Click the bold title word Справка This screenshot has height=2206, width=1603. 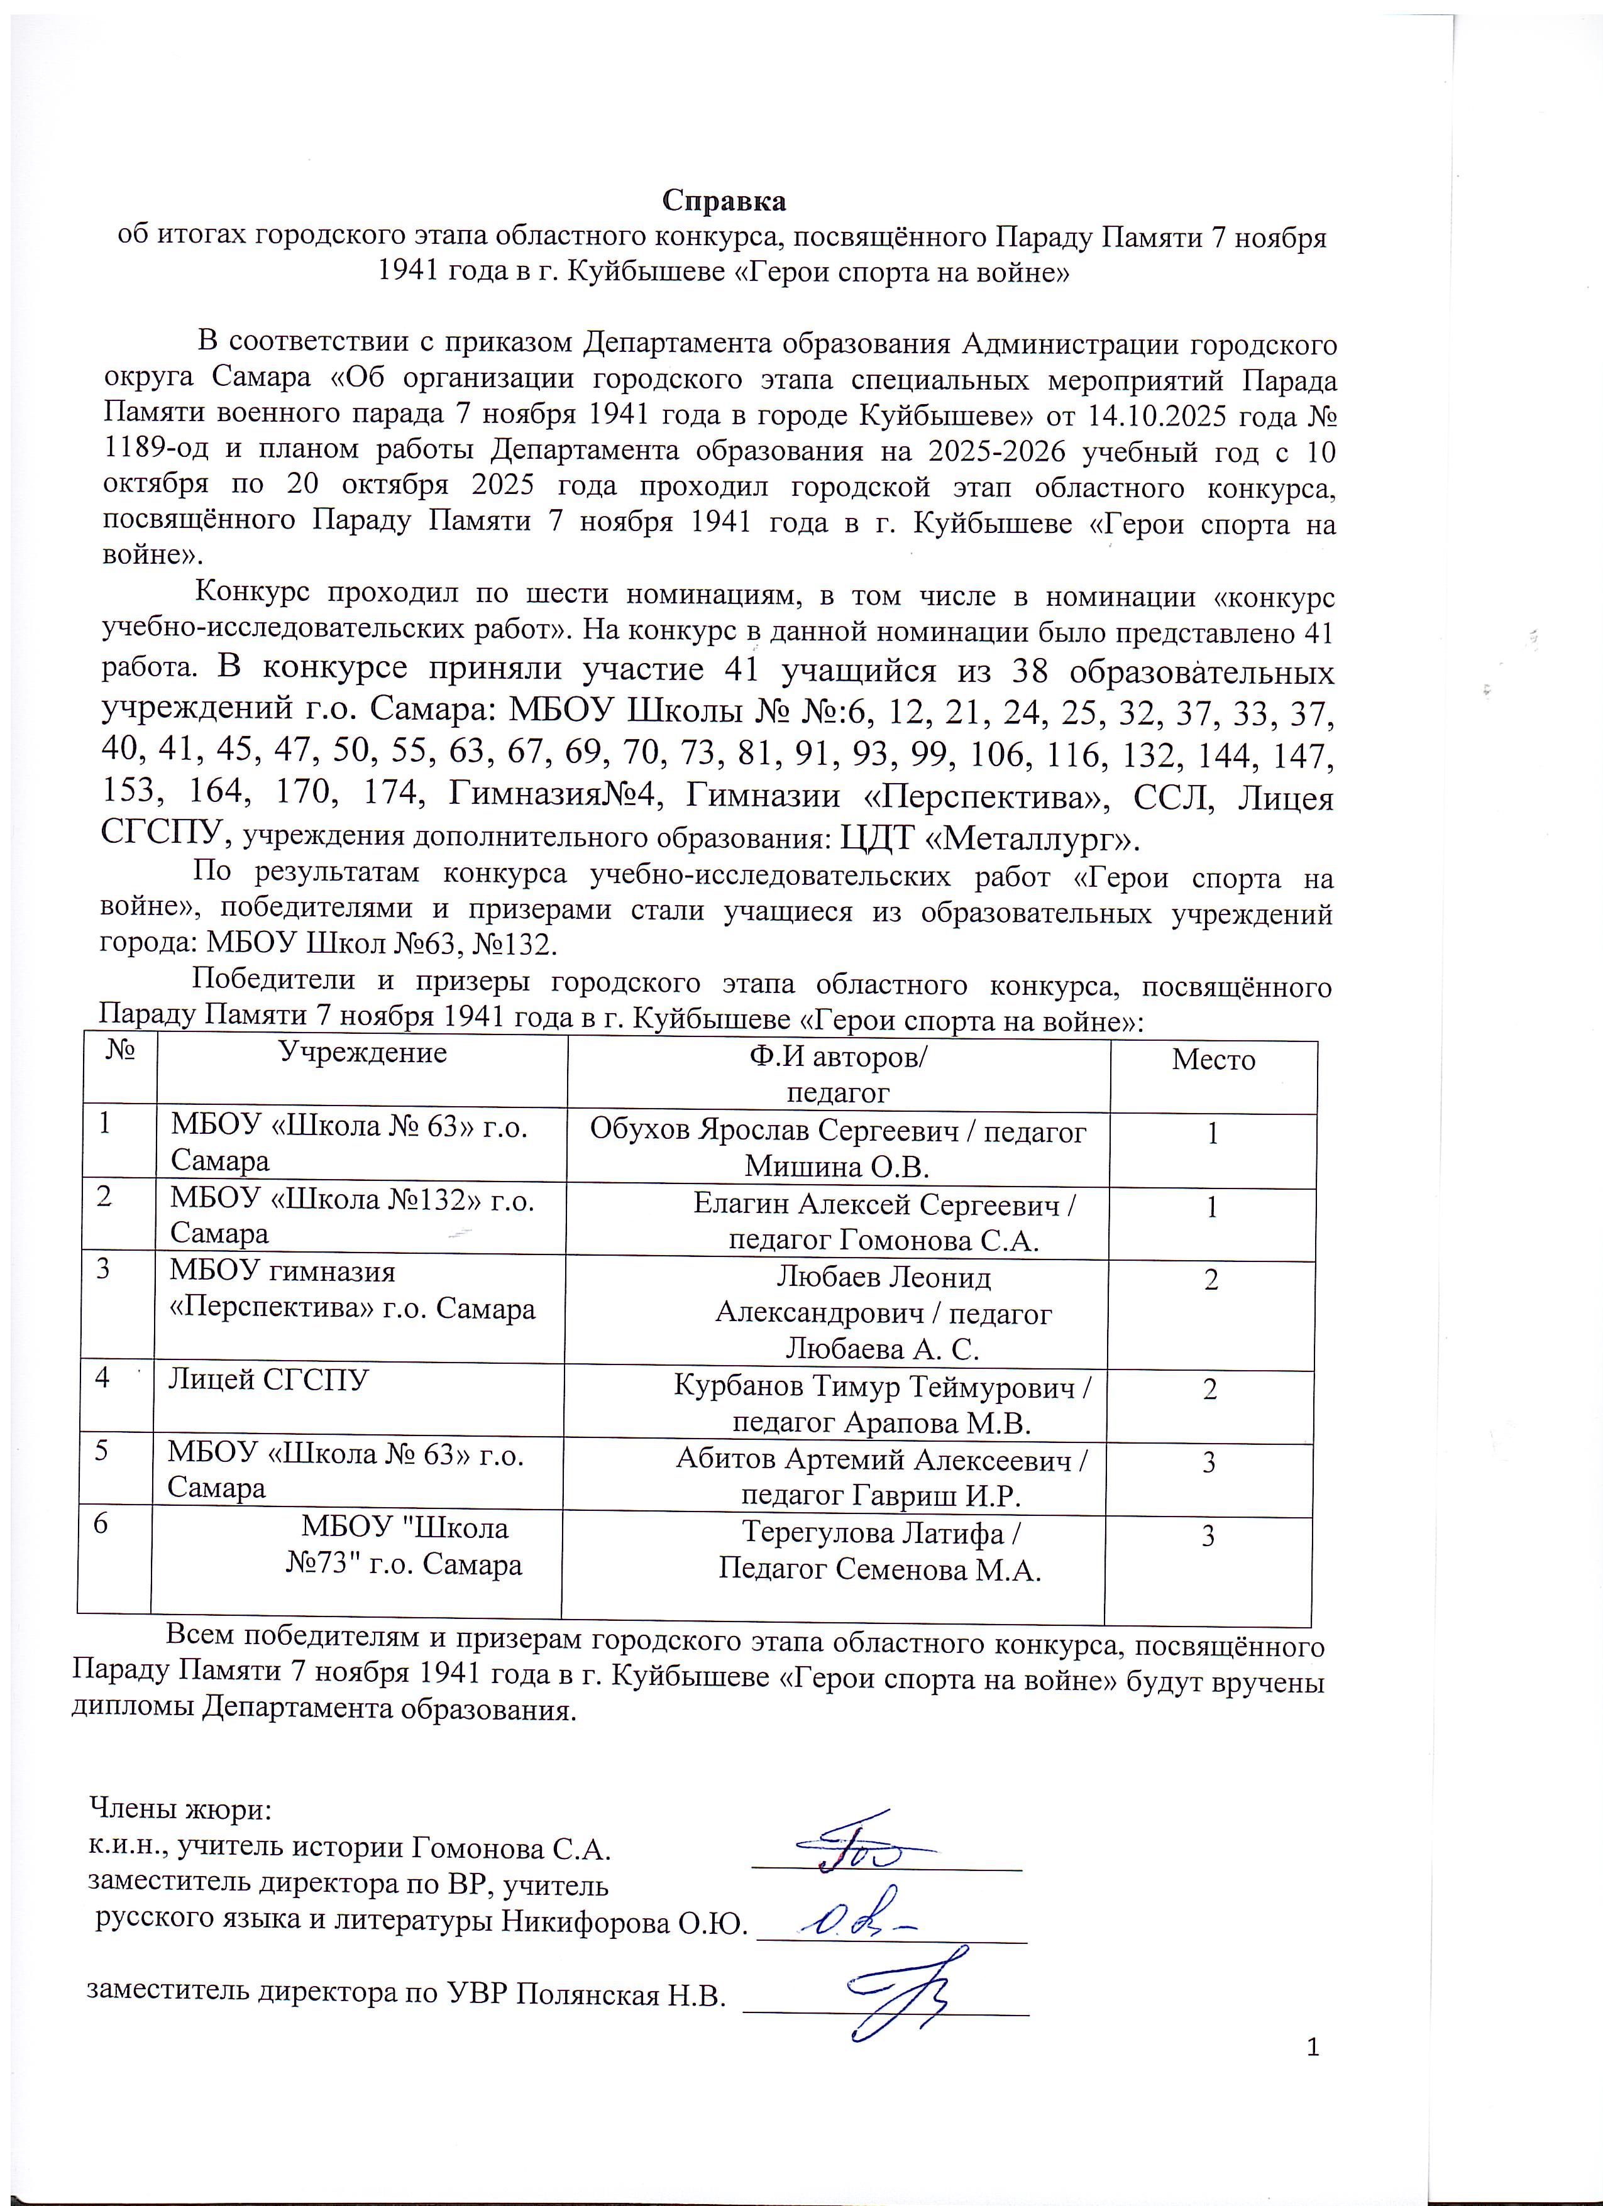[x=724, y=200]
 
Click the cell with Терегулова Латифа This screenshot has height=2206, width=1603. [x=880, y=1550]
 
